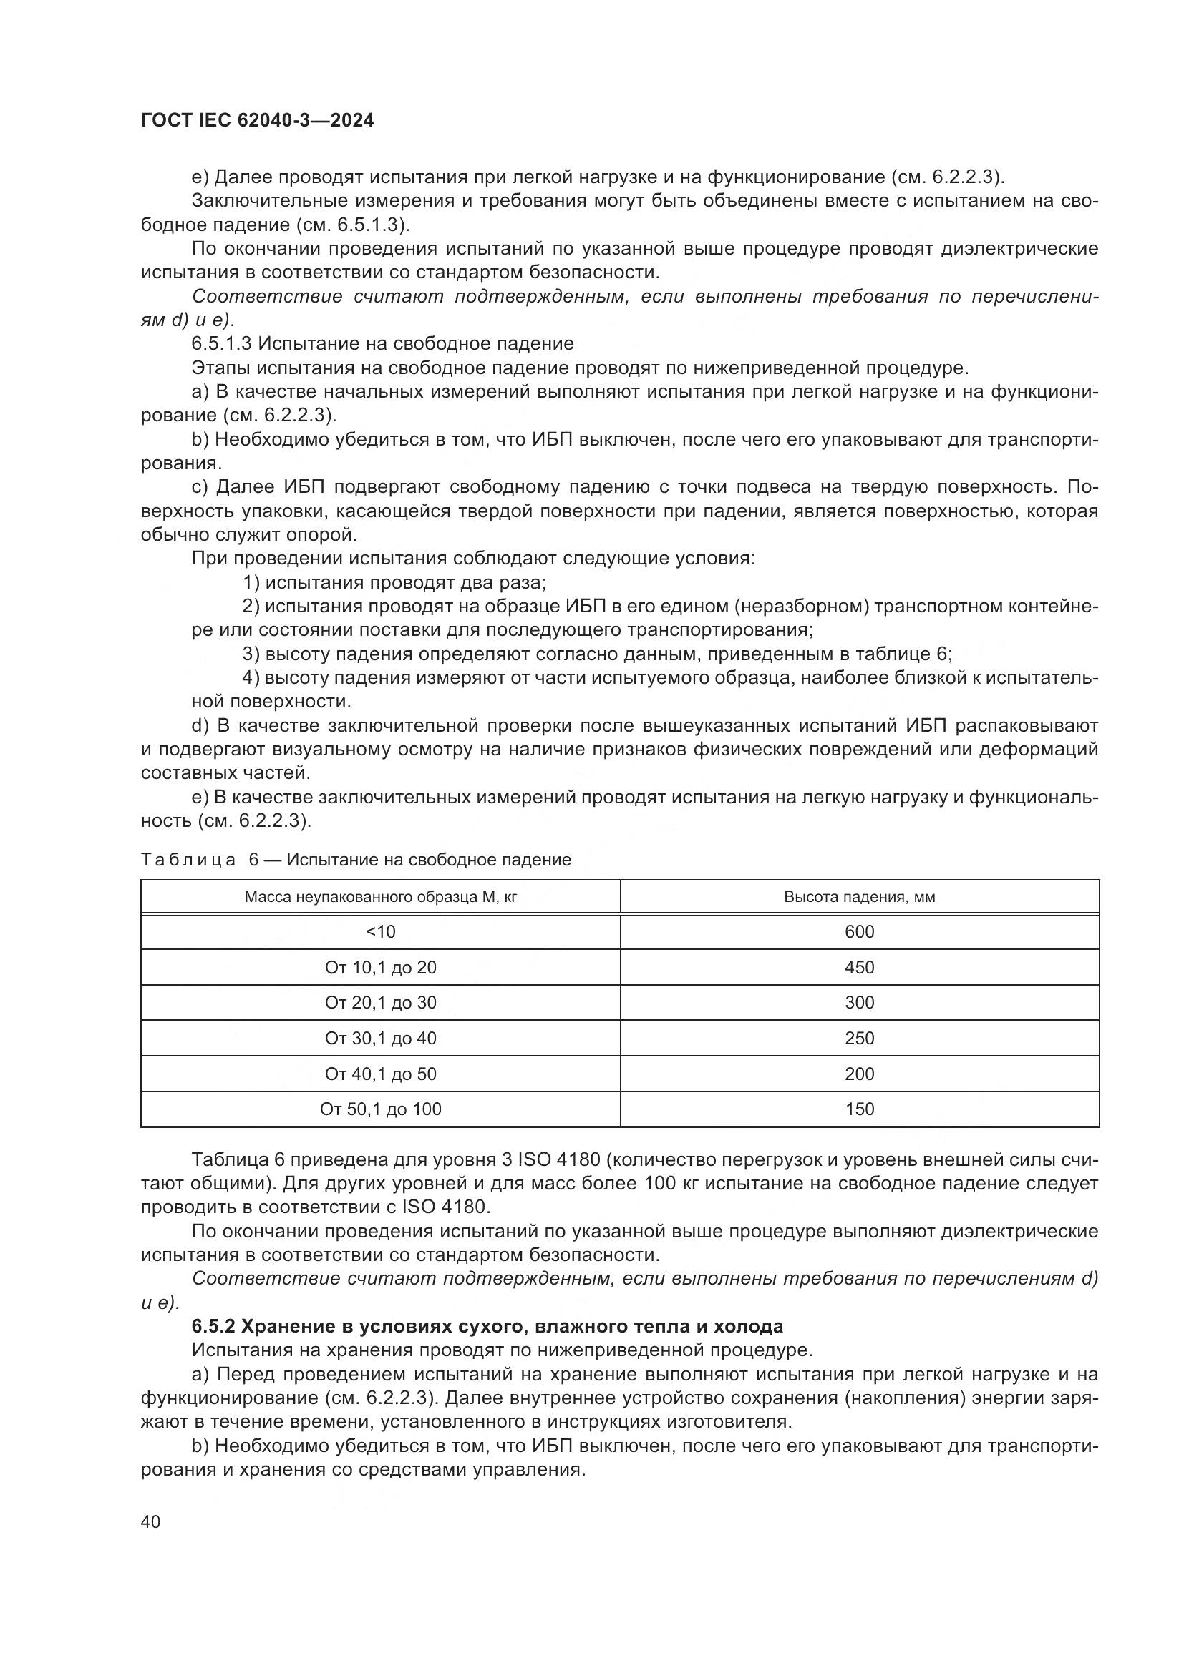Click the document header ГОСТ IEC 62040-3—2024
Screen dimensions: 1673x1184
click(x=257, y=121)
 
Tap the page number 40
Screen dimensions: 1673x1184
click(x=151, y=1521)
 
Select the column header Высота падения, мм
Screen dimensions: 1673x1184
click(x=859, y=897)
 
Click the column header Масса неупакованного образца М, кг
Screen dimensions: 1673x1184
click(x=381, y=897)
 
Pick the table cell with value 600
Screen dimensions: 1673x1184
click(x=859, y=932)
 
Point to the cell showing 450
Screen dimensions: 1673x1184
click(x=859, y=968)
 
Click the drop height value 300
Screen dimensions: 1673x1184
click(x=859, y=1003)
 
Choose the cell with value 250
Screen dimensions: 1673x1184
click(x=859, y=1039)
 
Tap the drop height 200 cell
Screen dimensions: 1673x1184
click(x=859, y=1074)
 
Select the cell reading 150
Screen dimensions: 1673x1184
click(x=859, y=1109)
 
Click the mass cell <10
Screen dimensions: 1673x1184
click(x=381, y=932)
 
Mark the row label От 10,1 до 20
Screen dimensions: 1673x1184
click(x=381, y=968)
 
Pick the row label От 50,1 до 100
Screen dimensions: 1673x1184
click(x=381, y=1109)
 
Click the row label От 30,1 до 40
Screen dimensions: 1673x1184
click(x=381, y=1039)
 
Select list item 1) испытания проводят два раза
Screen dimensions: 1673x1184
click(x=394, y=583)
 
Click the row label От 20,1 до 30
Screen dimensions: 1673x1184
click(x=381, y=1003)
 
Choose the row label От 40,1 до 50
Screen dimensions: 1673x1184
click(x=381, y=1074)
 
